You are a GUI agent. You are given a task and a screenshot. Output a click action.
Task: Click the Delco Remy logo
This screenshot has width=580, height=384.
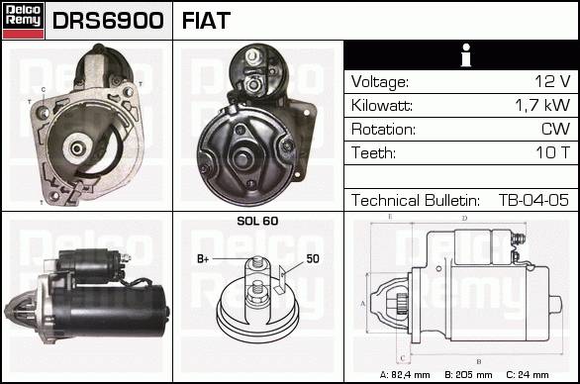point(24,21)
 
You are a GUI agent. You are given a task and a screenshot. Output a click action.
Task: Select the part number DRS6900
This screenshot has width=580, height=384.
point(108,21)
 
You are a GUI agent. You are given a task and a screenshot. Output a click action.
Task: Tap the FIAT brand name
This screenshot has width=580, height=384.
point(206,21)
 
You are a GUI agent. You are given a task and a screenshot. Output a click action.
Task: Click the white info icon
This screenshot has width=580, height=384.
point(466,55)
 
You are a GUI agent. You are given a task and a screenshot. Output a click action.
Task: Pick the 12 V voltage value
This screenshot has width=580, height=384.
point(552,81)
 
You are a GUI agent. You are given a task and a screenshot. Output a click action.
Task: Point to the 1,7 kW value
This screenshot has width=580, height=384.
point(542,105)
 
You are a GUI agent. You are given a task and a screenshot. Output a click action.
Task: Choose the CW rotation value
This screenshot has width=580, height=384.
point(555,129)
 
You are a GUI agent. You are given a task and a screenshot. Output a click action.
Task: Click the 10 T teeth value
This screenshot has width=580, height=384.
point(553,152)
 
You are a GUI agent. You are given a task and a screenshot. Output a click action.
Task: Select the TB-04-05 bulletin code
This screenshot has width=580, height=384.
point(533,200)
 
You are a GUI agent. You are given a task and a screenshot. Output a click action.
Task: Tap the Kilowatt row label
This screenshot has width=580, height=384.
point(382,106)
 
